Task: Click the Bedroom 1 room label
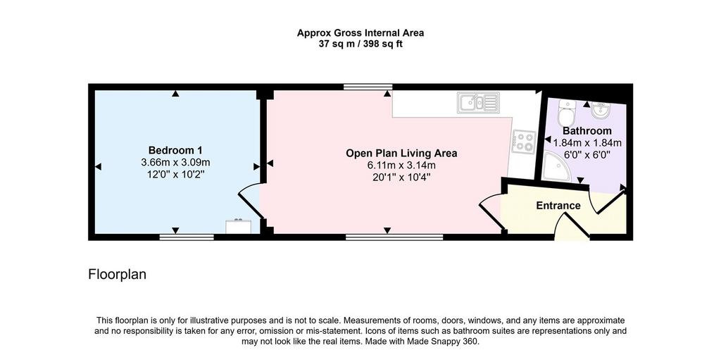tap(175, 151)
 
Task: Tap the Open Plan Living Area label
tap(401, 154)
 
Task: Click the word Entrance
tap(558, 206)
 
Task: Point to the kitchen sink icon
tap(478, 102)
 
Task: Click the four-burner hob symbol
tap(524, 142)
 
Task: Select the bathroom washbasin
tap(601, 110)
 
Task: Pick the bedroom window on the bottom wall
tap(187, 237)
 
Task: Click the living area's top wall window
tap(368, 87)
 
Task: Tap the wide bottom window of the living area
tap(394, 237)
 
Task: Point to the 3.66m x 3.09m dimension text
tap(175, 163)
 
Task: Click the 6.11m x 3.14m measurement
tap(401, 166)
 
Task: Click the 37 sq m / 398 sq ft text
tap(360, 44)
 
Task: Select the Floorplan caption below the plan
tap(118, 275)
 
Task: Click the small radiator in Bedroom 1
tap(238, 226)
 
